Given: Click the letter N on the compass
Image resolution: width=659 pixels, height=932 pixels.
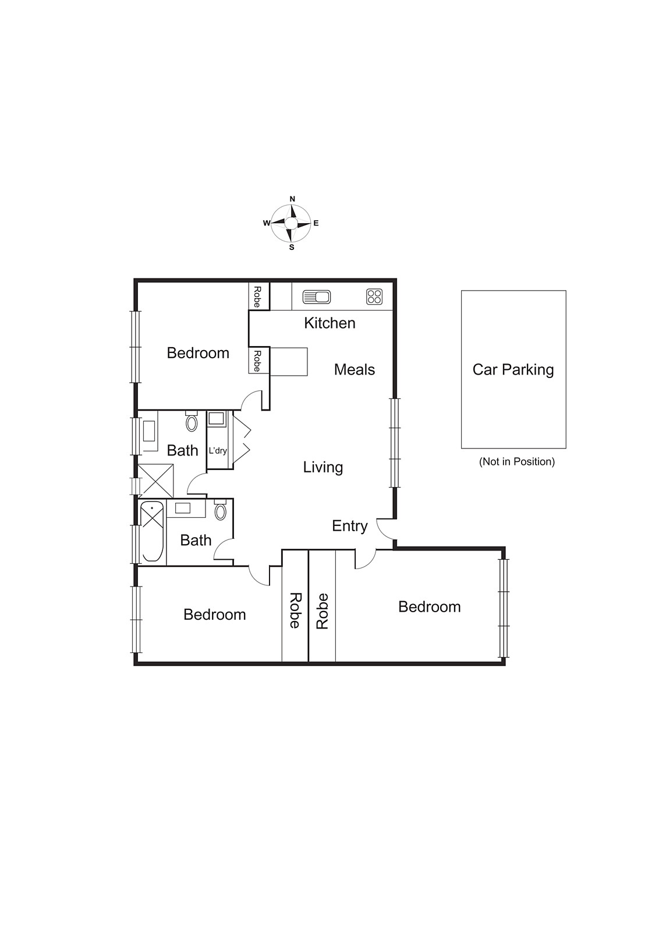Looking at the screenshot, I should click(292, 199).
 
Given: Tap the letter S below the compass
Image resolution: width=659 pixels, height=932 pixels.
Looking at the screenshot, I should click(292, 248).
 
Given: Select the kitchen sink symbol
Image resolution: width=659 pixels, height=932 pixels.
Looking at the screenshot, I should click(317, 297).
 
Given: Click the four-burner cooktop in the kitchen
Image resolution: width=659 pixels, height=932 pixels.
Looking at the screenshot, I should click(374, 297).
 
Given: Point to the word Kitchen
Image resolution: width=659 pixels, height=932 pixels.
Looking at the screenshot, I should click(329, 323).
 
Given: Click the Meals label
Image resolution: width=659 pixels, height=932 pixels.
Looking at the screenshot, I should click(354, 370).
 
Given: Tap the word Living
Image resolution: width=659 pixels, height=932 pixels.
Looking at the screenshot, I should click(323, 467).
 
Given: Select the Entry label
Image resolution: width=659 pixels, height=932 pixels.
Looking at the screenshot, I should click(349, 526).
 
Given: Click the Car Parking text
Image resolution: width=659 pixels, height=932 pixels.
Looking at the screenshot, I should click(513, 370).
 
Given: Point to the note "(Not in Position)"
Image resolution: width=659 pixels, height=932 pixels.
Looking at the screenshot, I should click(516, 462).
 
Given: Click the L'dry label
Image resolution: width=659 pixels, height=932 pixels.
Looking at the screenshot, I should click(218, 451).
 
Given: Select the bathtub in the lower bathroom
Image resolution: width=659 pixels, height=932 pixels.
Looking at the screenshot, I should click(152, 531).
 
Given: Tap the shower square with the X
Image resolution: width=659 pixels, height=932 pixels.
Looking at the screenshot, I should click(155, 481).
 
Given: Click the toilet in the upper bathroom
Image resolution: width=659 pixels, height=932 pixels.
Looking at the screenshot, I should click(192, 422).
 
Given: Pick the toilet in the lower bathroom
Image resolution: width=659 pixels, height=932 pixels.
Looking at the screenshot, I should click(220, 511).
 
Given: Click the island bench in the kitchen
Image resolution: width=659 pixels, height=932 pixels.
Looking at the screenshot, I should click(289, 361).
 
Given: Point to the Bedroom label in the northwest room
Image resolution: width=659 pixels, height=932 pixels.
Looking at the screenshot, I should click(198, 353).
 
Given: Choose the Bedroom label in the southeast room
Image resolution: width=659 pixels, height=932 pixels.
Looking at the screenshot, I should click(429, 607).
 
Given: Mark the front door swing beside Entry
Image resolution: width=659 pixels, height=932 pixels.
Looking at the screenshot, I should click(385, 529).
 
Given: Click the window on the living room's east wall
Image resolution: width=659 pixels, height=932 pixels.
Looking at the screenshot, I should click(395, 443).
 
